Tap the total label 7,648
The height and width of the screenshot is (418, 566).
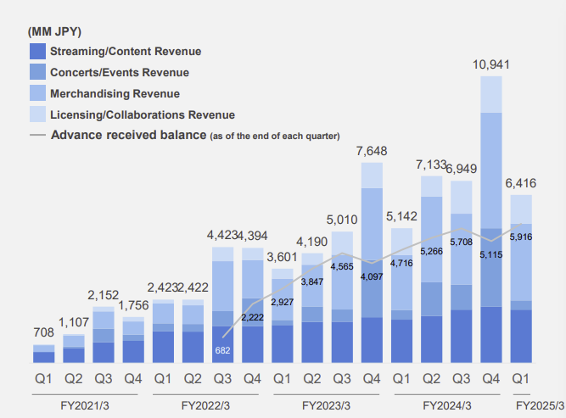pos(372,151)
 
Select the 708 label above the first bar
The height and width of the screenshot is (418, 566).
pos(44,333)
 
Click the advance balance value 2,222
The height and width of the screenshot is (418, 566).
pos(253,317)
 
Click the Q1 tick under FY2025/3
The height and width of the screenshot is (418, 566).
pos(521,376)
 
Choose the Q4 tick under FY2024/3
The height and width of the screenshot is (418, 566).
pos(491,376)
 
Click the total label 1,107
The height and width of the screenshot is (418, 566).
pos(75,323)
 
